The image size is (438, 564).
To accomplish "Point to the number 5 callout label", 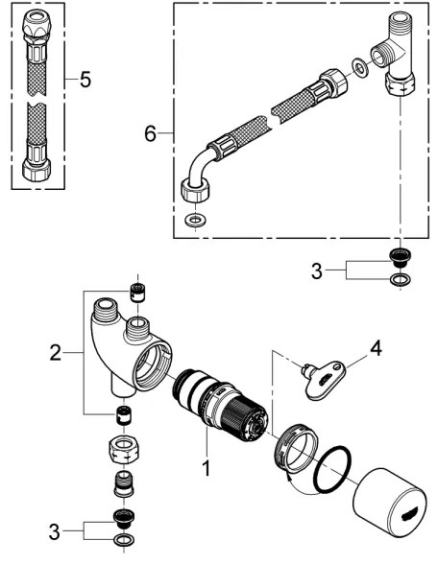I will (x=85, y=79).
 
